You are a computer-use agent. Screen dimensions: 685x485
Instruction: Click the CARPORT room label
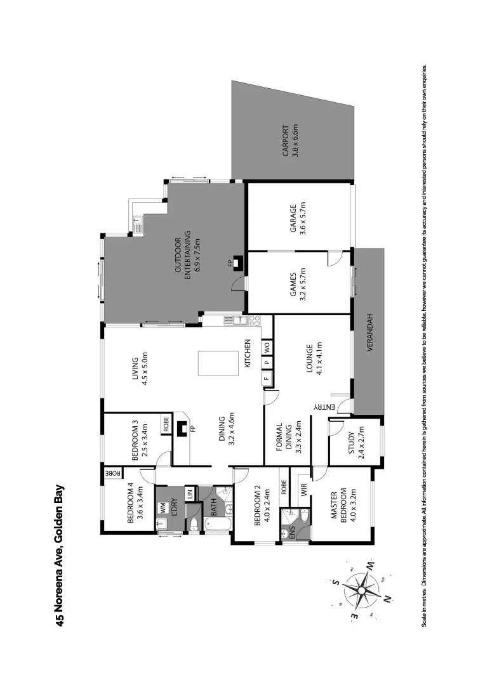pos(289,141)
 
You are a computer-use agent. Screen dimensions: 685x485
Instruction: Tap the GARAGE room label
pos(297,219)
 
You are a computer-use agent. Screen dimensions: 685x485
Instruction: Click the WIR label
pos(303,488)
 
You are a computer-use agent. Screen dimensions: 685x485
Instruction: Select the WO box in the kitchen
pos(267,347)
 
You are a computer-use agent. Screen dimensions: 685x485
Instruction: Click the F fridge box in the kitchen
pos(267,379)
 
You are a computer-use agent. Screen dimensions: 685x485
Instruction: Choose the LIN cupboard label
pos(189,493)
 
